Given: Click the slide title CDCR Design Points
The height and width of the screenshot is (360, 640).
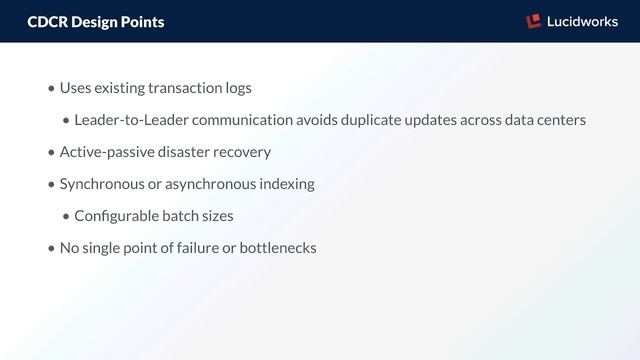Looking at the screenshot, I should (96, 21).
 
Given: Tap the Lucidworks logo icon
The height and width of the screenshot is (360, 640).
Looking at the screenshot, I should (533, 21).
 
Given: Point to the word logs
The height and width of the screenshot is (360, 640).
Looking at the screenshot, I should (239, 88).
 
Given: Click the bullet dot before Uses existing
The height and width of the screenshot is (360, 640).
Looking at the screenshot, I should (51, 89).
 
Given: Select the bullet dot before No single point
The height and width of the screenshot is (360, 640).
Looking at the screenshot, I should (51, 249).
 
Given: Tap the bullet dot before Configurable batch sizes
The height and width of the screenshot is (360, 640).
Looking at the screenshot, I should (66, 217).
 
